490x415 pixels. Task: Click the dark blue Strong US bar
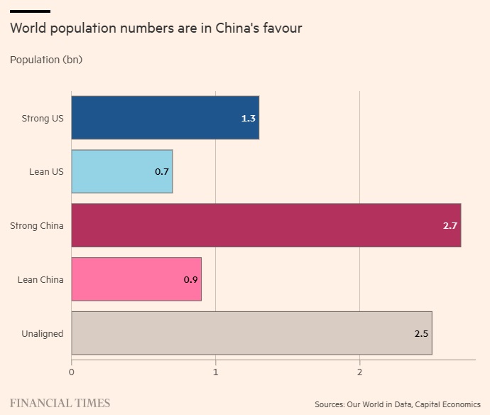pos(165,118)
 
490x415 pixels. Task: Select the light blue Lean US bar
pos(121,172)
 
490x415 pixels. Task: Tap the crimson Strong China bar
pos(266,225)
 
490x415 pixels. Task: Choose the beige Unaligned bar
pos(251,333)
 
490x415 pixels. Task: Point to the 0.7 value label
pos(162,172)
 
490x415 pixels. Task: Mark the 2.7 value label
pos(450,226)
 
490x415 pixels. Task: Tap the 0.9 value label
pos(190,280)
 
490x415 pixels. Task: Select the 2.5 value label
pos(422,333)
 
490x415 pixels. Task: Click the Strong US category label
pos(42,118)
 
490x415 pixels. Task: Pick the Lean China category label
pos(40,279)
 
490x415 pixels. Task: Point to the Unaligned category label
pos(42,333)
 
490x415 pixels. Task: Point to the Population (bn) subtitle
pos(46,60)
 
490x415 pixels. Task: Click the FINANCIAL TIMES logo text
pos(60,403)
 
